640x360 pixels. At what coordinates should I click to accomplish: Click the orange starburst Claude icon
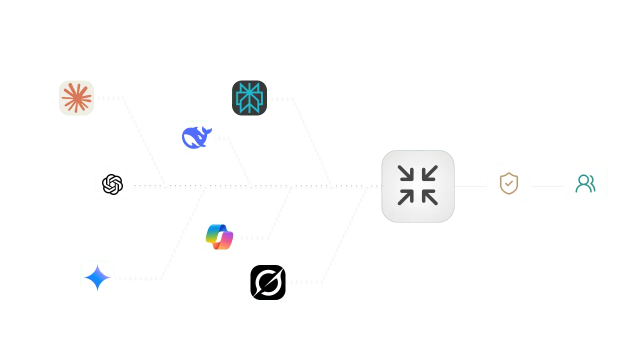[75, 98]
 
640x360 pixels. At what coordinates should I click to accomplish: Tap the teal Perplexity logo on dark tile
[249, 98]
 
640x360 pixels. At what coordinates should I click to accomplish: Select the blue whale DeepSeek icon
[196, 137]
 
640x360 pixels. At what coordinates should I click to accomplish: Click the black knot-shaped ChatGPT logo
[112, 184]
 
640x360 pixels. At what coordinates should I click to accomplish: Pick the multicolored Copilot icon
[220, 236]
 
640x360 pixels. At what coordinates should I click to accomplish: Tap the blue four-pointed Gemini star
[97, 277]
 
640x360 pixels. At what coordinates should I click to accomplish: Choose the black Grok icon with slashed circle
[268, 282]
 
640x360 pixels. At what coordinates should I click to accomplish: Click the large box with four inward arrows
[418, 186]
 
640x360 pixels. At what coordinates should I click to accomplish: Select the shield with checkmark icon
[508, 184]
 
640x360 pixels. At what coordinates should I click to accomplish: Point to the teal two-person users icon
[585, 184]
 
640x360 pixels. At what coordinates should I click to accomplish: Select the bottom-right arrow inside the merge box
[430, 198]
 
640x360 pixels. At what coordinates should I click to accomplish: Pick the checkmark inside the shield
[508, 184]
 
